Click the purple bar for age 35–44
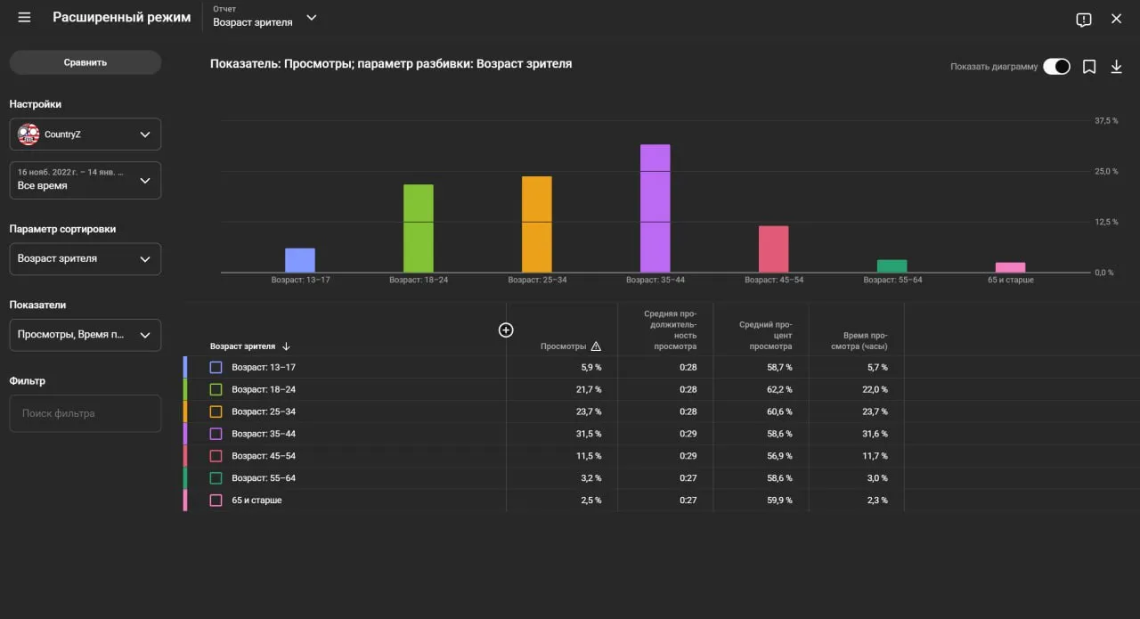click(655, 208)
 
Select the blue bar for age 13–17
click(300, 260)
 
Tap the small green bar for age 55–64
click(892, 265)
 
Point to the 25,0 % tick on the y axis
click(1106, 172)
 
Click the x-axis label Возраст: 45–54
click(774, 280)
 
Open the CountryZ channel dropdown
click(85, 134)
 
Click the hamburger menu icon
click(24, 18)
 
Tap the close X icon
click(1116, 19)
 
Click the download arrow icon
click(1116, 67)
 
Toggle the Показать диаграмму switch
click(1056, 67)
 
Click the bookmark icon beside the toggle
click(1089, 67)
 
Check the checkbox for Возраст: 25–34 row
click(216, 411)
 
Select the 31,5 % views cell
click(589, 434)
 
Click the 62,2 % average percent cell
click(779, 389)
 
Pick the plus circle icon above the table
click(505, 330)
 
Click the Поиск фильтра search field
click(85, 413)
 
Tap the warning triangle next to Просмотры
click(596, 346)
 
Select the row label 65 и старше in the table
click(256, 500)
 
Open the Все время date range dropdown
click(85, 180)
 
